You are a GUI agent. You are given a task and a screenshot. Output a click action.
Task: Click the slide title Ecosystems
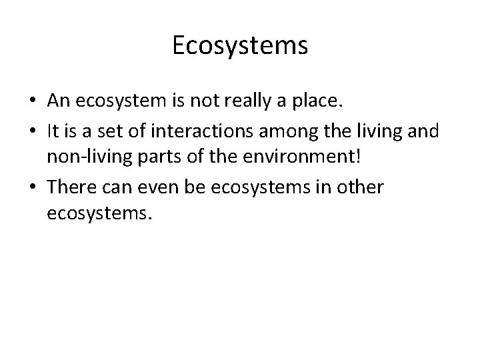point(240,46)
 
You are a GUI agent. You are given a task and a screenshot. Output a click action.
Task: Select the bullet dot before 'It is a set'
point(31,133)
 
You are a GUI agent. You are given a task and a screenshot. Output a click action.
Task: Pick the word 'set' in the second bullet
point(103,133)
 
